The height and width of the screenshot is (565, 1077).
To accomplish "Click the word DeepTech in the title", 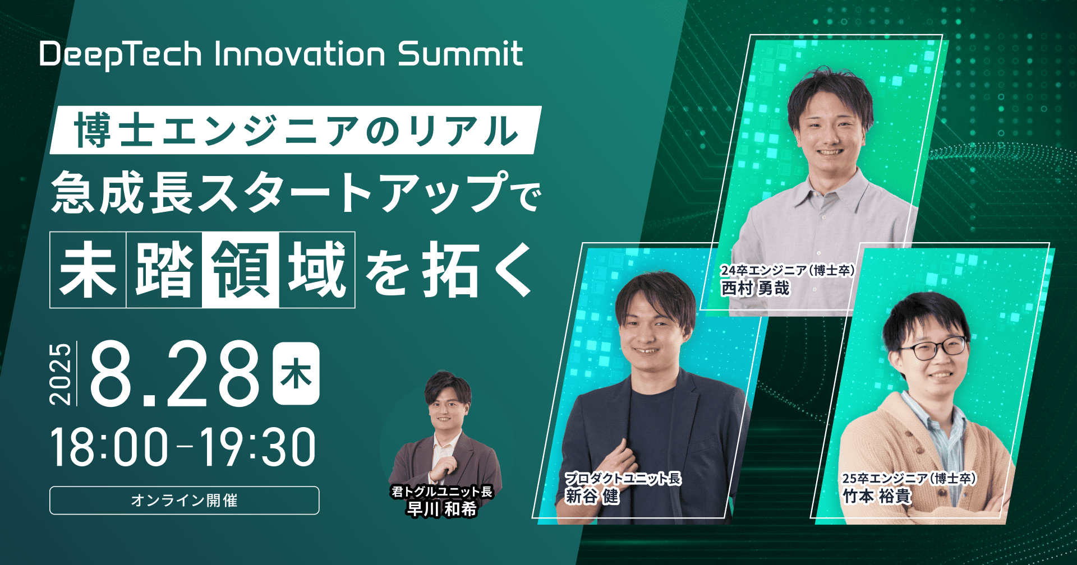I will click(x=121, y=55).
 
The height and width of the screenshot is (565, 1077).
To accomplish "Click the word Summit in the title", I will click(x=460, y=54).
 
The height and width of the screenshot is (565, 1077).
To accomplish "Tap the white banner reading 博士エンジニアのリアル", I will click(x=296, y=130).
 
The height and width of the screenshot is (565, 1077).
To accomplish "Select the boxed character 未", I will click(x=88, y=270).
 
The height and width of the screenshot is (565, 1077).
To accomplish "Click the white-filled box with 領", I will click(x=240, y=270).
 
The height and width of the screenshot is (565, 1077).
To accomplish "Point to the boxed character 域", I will click(x=317, y=270).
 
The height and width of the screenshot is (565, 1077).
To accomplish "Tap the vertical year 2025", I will click(x=61, y=374).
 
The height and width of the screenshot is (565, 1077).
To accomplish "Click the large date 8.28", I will click(x=175, y=374).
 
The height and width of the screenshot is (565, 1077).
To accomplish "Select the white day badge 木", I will click(x=296, y=374).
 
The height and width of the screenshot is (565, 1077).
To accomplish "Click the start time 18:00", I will click(x=109, y=447).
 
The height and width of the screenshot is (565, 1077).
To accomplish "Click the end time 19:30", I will click(x=258, y=447).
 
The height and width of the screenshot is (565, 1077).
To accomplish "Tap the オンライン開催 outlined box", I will click(x=184, y=500).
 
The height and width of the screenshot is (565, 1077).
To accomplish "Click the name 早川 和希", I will click(x=442, y=509).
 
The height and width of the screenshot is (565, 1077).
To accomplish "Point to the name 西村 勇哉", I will click(x=755, y=288).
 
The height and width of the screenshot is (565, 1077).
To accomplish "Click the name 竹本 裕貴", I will click(x=876, y=496).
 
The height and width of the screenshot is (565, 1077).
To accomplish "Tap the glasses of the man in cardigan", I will click(x=934, y=349).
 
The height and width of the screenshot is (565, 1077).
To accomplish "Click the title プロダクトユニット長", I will click(x=623, y=478).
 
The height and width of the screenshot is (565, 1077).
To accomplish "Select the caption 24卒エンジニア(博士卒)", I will click(x=788, y=270).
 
